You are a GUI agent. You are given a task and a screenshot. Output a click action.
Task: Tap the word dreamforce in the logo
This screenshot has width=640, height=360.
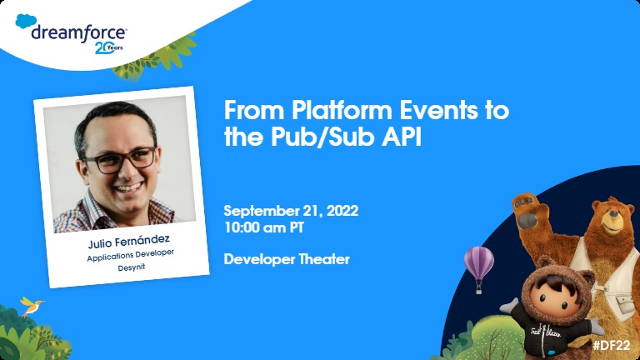(x=78, y=33)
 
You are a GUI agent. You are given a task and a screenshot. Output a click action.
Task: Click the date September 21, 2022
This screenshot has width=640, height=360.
(x=291, y=211)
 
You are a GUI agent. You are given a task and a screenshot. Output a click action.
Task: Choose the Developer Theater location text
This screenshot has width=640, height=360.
(x=287, y=259)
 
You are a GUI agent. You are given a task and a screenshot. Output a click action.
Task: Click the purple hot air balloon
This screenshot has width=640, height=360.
(x=478, y=263)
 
